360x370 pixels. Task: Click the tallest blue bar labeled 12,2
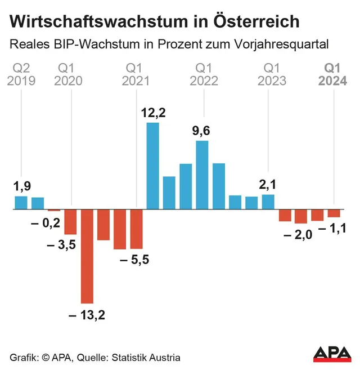pos(152,166)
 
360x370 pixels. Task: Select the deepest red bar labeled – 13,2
pos(87,256)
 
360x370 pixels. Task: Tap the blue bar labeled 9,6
pos(202,175)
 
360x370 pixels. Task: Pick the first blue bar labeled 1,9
pos(21,202)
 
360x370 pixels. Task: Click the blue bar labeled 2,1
pos(268,202)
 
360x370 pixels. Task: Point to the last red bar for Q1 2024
pos(334,213)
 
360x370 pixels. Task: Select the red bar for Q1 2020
pos(70,222)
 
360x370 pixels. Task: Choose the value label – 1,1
pos(332,228)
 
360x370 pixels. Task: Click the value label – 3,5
pos(61,245)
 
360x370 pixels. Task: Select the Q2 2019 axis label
pos(21,74)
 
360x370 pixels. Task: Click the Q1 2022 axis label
pos(204,74)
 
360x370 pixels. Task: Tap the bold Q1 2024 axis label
pos(333,74)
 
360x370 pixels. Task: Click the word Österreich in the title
pos(256,21)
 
